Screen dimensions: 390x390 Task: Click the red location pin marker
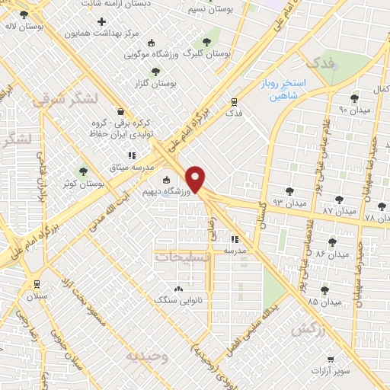197,179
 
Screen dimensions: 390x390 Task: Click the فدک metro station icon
234,101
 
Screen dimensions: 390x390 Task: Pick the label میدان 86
332,253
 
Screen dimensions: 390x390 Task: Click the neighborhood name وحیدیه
145,356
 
